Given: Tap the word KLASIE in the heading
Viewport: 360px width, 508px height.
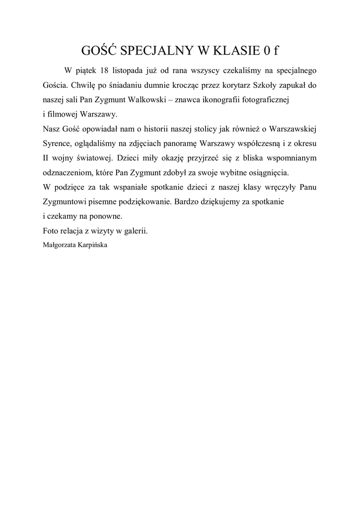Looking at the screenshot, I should tap(236, 51).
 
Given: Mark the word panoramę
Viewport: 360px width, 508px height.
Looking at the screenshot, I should tap(179, 144).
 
